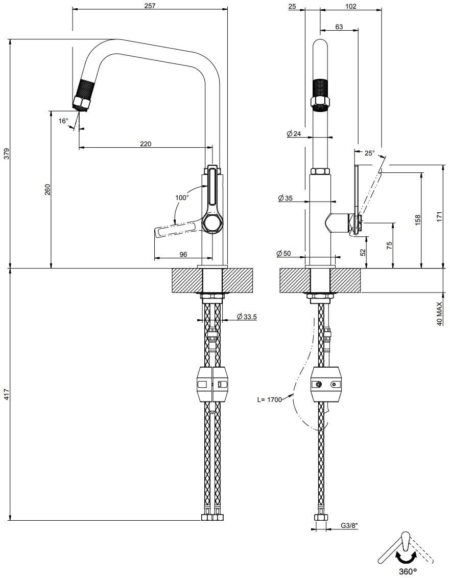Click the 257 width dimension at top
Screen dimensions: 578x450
point(150,6)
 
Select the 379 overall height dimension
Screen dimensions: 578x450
point(6,154)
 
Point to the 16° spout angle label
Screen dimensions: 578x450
point(63,121)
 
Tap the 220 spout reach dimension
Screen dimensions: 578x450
point(146,144)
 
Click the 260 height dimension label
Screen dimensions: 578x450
point(48,189)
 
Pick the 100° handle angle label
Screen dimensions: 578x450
point(182,197)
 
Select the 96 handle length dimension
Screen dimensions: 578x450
point(183,254)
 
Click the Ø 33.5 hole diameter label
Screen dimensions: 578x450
point(247,317)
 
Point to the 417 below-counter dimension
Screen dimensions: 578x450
point(6,394)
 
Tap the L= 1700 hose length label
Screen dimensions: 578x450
point(269,400)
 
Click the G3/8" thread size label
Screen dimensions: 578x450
point(349,526)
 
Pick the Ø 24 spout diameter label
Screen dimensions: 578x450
point(295,134)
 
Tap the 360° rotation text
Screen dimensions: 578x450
point(408,571)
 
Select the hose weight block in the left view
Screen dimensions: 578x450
point(212,384)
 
